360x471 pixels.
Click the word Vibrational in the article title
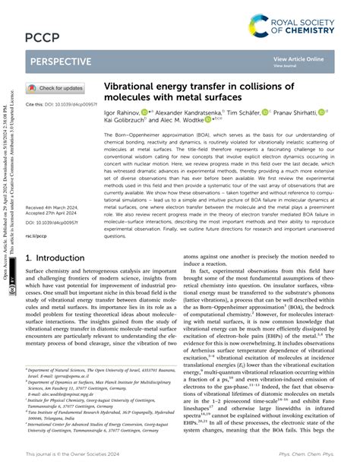pyautogui.click(x=134, y=88)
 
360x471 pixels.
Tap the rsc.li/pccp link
pyautogui.click(x=39, y=235)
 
